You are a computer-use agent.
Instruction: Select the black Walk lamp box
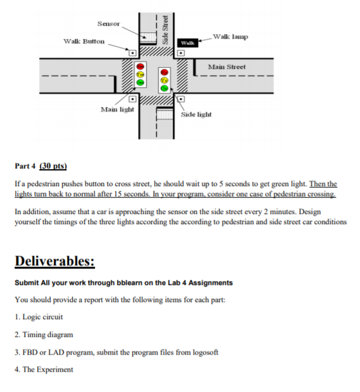[187, 42]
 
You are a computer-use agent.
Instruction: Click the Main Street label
[227, 66]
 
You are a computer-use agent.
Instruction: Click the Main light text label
[118, 110]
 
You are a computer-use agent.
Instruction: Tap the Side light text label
[196, 115]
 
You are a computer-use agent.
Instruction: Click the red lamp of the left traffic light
[140, 66]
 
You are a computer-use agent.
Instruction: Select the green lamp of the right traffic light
[164, 89]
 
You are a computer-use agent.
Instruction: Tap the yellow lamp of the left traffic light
[140, 74]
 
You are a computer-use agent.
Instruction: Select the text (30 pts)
[53, 166]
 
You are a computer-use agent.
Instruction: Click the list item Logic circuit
[42, 316]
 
